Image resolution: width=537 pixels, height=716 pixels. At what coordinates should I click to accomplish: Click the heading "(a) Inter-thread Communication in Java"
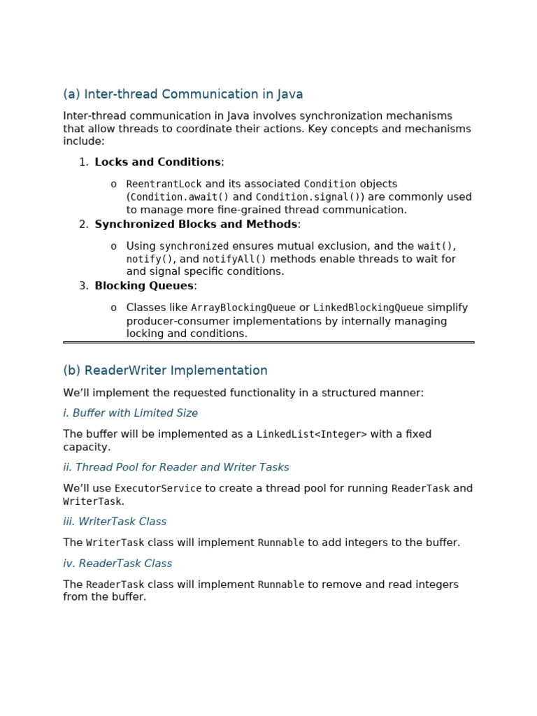(x=182, y=94)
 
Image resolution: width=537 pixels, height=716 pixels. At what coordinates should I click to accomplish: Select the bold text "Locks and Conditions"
(x=157, y=162)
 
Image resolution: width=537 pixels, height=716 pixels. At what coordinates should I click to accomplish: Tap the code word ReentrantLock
(x=164, y=185)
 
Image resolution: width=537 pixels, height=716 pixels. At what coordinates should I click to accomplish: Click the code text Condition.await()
(x=179, y=197)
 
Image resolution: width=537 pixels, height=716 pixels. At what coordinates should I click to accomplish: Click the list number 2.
(x=83, y=224)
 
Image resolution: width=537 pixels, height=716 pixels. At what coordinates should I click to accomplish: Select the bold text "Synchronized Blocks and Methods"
(x=196, y=224)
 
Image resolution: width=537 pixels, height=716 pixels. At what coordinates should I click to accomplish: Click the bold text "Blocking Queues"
(x=144, y=286)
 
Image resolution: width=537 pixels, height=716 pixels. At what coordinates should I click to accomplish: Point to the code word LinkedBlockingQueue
(x=368, y=308)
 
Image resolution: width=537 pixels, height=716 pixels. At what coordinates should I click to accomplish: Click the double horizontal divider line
(x=268, y=343)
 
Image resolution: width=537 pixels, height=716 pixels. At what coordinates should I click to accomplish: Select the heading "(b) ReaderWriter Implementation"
(x=165, y=371)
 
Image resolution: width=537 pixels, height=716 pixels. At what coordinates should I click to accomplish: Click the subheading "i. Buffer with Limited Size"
(x=130, y=413)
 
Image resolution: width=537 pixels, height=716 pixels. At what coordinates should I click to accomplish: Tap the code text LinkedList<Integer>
(x=311, y=435)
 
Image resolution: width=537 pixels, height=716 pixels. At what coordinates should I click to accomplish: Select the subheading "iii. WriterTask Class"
(x=115, y=522)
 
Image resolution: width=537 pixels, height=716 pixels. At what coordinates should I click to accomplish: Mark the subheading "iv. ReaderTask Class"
(x=117, y=564)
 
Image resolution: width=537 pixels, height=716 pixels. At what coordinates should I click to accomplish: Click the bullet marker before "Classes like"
(x=113, y=308)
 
